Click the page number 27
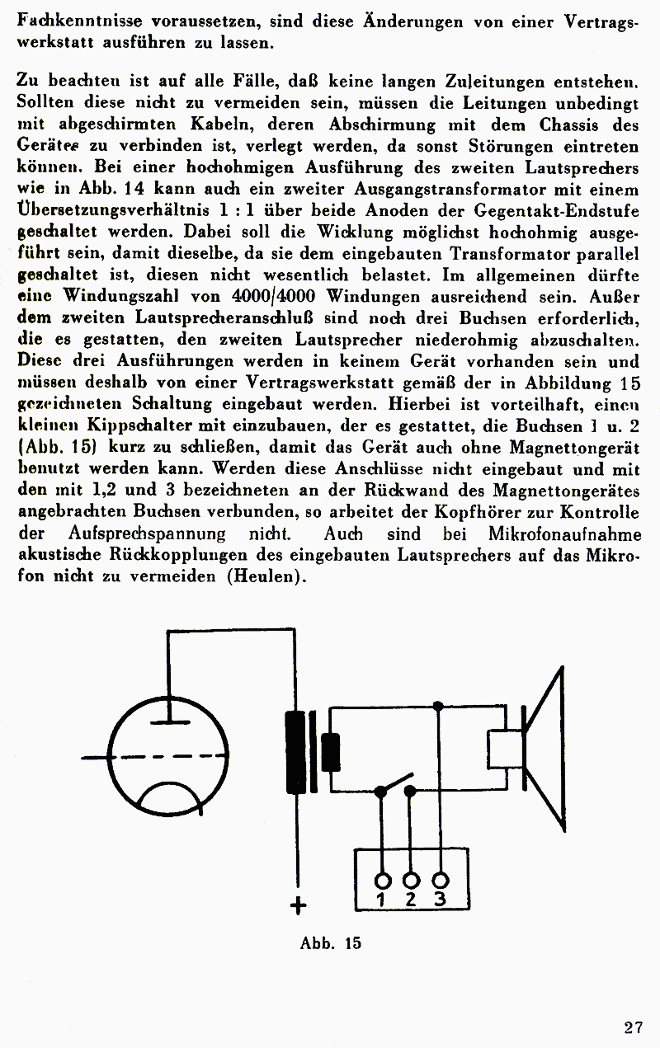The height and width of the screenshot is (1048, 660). click(633, 1027)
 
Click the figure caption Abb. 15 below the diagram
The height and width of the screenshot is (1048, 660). click(331, 943)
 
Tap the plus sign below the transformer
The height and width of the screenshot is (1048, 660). click(298, 906)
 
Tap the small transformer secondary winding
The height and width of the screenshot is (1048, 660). click(331, 751)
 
